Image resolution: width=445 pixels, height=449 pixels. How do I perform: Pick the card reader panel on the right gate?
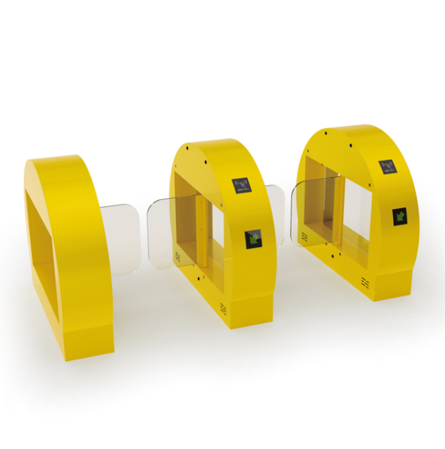388,166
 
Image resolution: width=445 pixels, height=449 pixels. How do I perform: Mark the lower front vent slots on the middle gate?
223,307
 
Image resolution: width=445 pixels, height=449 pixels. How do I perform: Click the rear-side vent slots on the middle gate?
178,256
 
